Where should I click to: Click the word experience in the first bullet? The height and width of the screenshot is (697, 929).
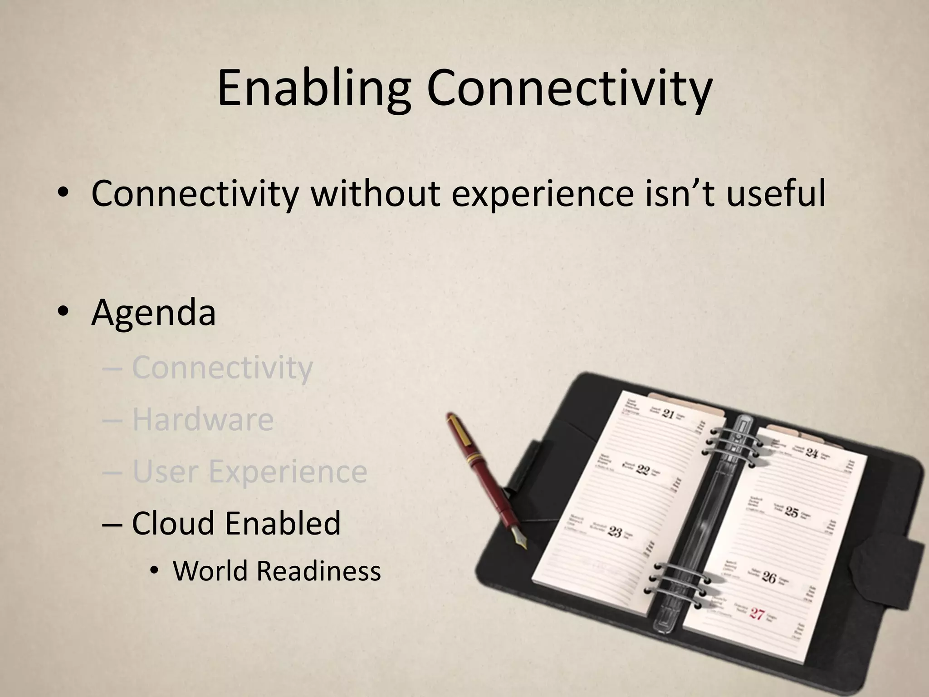(x=542, y=194)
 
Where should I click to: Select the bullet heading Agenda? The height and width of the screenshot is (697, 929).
(x=153, y=313)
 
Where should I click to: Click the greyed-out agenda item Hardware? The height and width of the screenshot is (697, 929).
(x=203, y=420)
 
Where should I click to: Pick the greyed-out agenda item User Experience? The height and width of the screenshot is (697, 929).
(x=249, y=471)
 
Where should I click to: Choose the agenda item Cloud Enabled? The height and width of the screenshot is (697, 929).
(x=236, y=523)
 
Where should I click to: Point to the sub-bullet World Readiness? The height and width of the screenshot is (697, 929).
(x=277, y=571)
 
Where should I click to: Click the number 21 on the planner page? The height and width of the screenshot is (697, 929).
(x=668, y=414)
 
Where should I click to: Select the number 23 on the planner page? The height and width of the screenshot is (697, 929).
(x=615, y=531)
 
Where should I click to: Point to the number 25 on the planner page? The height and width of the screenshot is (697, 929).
(x=792, y=513)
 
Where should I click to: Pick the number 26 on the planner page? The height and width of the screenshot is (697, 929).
(x=769, y=577)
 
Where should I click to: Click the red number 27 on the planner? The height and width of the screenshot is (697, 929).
(x=757, y=614)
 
